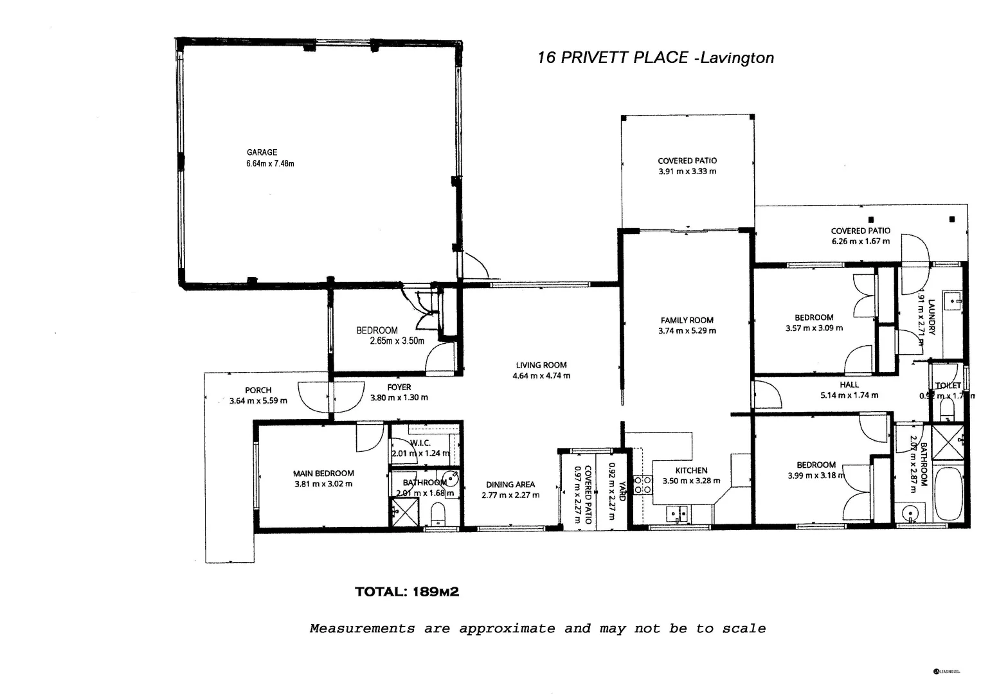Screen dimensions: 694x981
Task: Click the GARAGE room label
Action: point(262,152)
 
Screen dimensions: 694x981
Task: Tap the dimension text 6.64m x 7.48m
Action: point(270,163)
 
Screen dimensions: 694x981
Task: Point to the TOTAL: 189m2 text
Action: point(407,592)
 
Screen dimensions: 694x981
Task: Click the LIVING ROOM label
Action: point(541,365)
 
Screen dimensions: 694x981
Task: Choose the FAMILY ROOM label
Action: point(687,320)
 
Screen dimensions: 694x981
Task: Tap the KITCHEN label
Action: point(691,470)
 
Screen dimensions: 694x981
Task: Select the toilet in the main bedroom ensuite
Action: point(438,514)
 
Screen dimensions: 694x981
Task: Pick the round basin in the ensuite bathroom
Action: point(452,478)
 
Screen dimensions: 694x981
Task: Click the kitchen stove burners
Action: point(642,485)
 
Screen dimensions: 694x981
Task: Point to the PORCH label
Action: point(258,390)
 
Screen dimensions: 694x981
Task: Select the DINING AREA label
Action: point(510,485)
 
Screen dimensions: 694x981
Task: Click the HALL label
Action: point(849,385)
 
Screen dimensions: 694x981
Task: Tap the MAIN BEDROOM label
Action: point(323,474)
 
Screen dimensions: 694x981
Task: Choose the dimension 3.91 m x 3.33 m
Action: point(687,172)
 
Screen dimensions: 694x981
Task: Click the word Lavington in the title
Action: point(737,58)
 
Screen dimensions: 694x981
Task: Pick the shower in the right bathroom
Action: point(948,442)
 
